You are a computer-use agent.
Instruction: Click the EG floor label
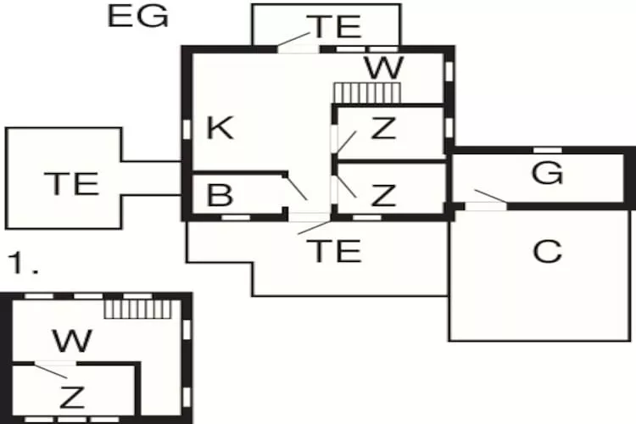(x=138, y=17)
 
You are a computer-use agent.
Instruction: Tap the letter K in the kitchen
(x=220, y=127)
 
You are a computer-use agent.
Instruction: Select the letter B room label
(x=220, y=195)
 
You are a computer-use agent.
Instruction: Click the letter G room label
(x=547, y=173)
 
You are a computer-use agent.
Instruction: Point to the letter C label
(x=548, y=252)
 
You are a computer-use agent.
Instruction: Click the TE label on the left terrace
(x=71, y=183)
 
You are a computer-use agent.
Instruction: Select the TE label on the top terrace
(x=334, y=26)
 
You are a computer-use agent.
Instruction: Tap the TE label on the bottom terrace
(x=334, y=251)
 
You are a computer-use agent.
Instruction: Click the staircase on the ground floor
(x=367, y=93)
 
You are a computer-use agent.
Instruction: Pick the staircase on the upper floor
(x=138, y=310)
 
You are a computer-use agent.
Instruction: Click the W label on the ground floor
(x=384, y=68)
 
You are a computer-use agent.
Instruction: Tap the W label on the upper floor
(x=72, y=341)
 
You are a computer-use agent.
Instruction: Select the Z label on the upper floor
(x=72, y=397)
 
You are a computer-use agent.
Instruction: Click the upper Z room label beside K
(x=383, y=128)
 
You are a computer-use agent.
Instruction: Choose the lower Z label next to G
(x=383, y=195)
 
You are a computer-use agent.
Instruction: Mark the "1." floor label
(x=23, y=262)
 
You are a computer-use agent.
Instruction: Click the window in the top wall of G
(x=547, y=150)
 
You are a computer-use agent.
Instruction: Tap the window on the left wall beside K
(x=187, y=130)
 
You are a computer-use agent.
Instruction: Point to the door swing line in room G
(x=490, y=196)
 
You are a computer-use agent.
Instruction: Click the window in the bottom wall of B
(x=236, y=217)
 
